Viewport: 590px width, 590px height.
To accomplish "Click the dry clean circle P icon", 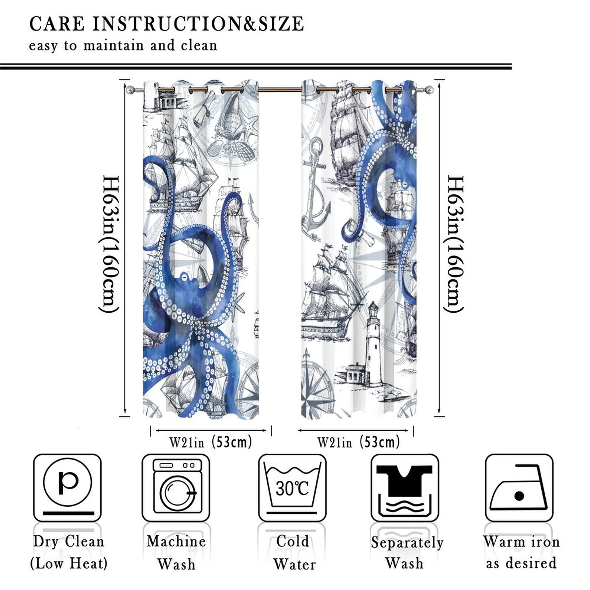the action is coord(67,487).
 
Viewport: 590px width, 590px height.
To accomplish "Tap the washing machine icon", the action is coord(176,487).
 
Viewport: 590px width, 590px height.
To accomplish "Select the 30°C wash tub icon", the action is coord(292,487).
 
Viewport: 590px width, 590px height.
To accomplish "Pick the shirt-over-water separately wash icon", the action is coord(405,487).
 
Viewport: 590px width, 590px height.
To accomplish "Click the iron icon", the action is coord(519,487).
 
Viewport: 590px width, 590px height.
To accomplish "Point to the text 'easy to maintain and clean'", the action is coord(123,46).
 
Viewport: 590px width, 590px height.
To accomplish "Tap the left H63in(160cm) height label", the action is coord(110,244).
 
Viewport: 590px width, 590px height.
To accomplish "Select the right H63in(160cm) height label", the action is coord(454,244).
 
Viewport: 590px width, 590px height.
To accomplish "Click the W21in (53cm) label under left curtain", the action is coord(211,441).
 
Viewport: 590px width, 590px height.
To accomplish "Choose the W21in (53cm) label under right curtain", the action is coord(358,441).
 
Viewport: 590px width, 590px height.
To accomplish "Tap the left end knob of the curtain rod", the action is coord(130,89).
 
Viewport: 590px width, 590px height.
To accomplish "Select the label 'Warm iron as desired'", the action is coord(521,552).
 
